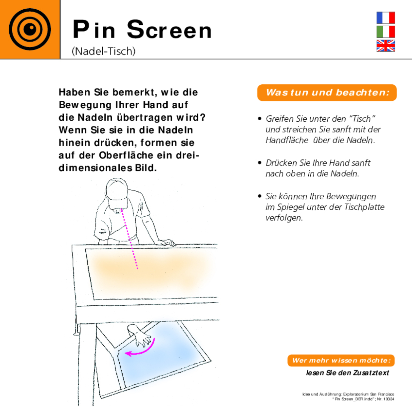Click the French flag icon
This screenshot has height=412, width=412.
pos(385,18)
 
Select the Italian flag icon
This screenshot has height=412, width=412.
pos(385,32)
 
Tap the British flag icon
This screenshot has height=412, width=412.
pos(385,46)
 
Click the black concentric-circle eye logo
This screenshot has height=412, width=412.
pos(30,29)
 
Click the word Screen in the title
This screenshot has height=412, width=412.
pos(169,30)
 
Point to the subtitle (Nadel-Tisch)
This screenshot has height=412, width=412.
pos(104,51)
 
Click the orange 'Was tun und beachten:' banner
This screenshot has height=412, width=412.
pos(327,93)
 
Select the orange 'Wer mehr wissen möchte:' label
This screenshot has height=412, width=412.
pos(341,360)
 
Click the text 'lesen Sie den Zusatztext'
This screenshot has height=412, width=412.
pos(347,373)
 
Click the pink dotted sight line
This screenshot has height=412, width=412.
pos(130,239)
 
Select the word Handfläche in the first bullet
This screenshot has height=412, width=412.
pos(287,140)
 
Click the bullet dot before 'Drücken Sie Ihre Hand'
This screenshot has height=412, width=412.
pos(259,162)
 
